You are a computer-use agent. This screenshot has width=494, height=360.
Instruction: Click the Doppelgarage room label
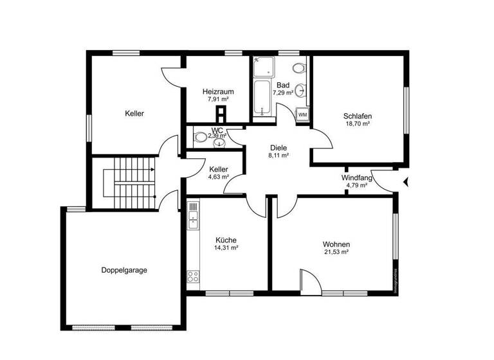[x=124, y=270]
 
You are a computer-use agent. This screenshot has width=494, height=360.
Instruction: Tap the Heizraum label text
[x=217, y=91]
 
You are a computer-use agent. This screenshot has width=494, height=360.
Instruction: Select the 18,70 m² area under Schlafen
[x=358, y=124]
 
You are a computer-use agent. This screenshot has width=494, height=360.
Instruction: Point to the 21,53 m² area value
[x=336, y=253]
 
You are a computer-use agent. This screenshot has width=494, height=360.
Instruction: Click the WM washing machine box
[x=302, y=114]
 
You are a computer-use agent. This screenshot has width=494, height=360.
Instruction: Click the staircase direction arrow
[x=151, y=170]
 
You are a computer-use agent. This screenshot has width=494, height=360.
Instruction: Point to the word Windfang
[x=354, y=177]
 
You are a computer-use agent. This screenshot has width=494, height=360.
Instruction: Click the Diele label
[x=279, y=147]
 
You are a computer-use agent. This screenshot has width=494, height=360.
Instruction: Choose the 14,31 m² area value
[x=226, y=248]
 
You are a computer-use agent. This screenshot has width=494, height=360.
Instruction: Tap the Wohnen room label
[x=336, y=244]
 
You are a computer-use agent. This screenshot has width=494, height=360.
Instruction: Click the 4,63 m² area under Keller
[x=218, y=177]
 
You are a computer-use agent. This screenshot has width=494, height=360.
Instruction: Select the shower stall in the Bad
[x=263, y=67]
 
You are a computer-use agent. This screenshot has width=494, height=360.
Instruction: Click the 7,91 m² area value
[x=217, y=100]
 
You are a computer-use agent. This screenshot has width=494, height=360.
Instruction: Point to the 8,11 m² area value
[x=279, y=155]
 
